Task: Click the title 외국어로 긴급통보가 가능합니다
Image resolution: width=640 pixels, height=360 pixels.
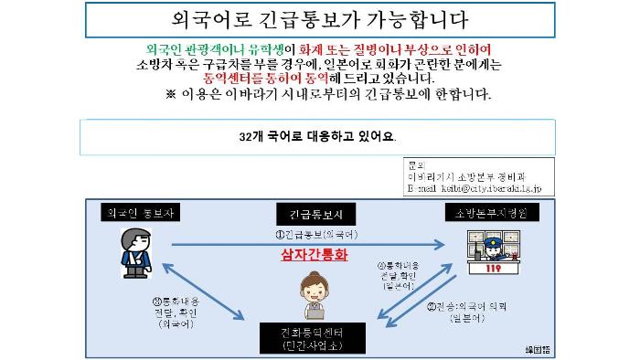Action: [320, 17]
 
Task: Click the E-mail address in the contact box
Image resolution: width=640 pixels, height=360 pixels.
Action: [475, 187]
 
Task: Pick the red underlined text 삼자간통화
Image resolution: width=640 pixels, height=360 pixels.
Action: [315, 256]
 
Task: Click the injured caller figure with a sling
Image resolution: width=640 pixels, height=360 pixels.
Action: [133, 252]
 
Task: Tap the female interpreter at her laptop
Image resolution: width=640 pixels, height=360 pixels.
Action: [316, 296]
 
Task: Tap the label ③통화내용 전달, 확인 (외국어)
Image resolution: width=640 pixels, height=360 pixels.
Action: [177, 311]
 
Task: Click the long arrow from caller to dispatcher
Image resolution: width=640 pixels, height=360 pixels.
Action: [302, 244]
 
